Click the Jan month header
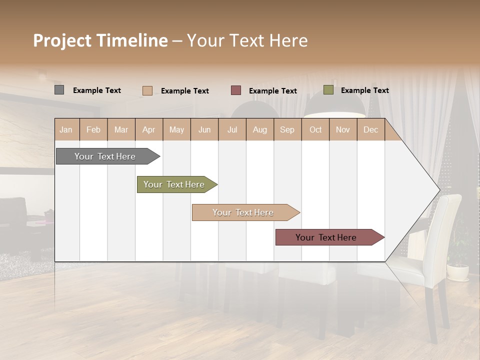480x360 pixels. pos(66,129)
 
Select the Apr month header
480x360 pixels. pos(149,129)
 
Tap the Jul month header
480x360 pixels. pos(232,129)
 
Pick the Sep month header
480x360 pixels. pos(287,129)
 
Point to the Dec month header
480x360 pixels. pos(370,129)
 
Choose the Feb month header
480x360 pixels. pos(93,129)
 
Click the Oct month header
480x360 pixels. pos(315,129)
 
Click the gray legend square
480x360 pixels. pos(59,90)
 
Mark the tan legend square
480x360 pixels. pos(147,90)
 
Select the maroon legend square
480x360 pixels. pos(236,90)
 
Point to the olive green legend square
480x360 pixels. pos(328,90)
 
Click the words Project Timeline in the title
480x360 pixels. pos(100,40)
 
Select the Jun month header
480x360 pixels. pos(204,129)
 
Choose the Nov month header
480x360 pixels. pos(342,129)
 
